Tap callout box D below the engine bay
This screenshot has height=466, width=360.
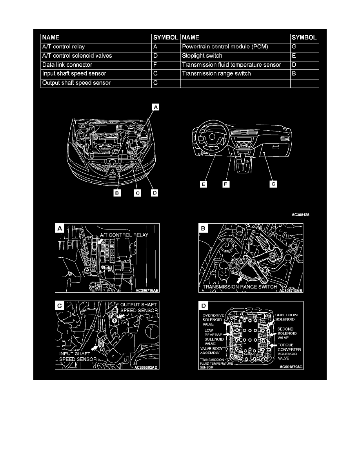pyautogui.click(x=155, y=194)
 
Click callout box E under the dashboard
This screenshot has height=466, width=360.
pyautogui.click(x=203, y=184)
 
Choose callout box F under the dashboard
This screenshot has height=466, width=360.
pyautogui.click(x=225, y=184)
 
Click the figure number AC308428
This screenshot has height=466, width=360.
pyautogui.click(x=303, y=215)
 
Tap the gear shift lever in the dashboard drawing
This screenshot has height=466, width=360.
pyautogui.click(x=246, y=160)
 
